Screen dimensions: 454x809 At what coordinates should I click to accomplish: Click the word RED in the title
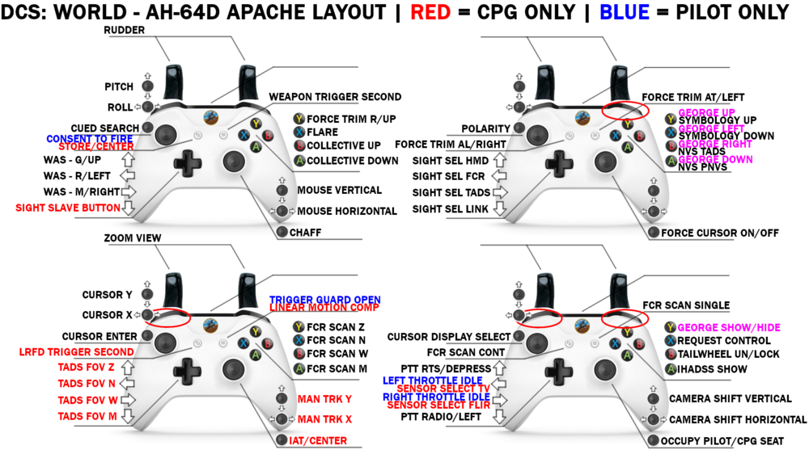[x=433, y=12]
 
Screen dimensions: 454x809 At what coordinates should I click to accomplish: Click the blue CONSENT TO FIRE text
[x=90, y=139]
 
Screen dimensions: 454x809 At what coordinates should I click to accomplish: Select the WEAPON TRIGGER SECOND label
[x=335, y=97]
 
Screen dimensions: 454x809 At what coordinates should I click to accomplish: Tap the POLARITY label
[x=485, y=128]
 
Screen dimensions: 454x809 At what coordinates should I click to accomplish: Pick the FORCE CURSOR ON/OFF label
[x=720, y=233]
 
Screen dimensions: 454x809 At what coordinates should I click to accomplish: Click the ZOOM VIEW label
[x=133, y=239]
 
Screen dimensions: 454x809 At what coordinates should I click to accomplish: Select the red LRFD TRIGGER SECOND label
[x=76, y=352]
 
